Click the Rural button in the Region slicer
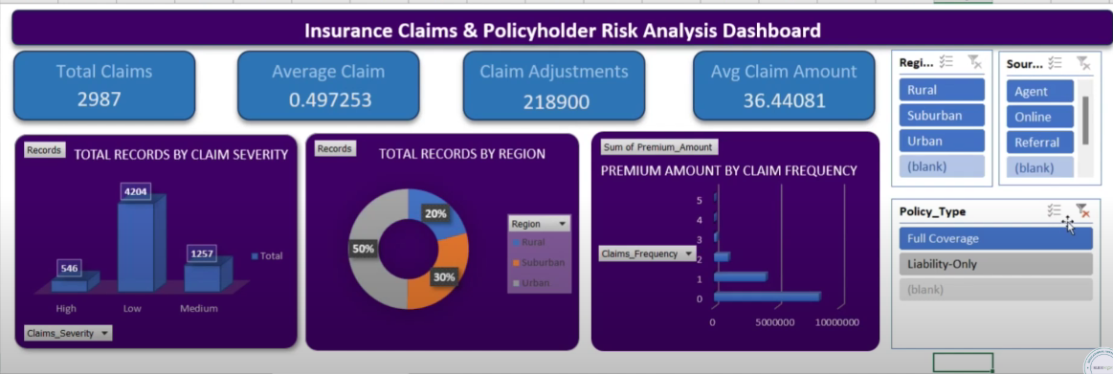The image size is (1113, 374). click(942, 90)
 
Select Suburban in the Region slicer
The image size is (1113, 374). click(942, 116)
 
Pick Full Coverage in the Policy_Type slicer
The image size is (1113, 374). click(995, 238)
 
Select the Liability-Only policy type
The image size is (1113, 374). click(995, 264)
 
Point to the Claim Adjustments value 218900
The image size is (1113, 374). click(555, 100)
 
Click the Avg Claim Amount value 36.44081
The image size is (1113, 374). click(783, 99)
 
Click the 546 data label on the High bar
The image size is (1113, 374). click(69, 269)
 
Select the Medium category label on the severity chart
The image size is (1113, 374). click(198, 308)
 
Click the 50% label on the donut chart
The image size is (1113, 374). click(364, 249)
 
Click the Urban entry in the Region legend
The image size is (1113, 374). click(535, 283)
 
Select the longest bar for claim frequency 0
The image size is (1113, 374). click(766, 297)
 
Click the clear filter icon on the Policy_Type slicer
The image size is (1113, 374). click(1082, 210)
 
